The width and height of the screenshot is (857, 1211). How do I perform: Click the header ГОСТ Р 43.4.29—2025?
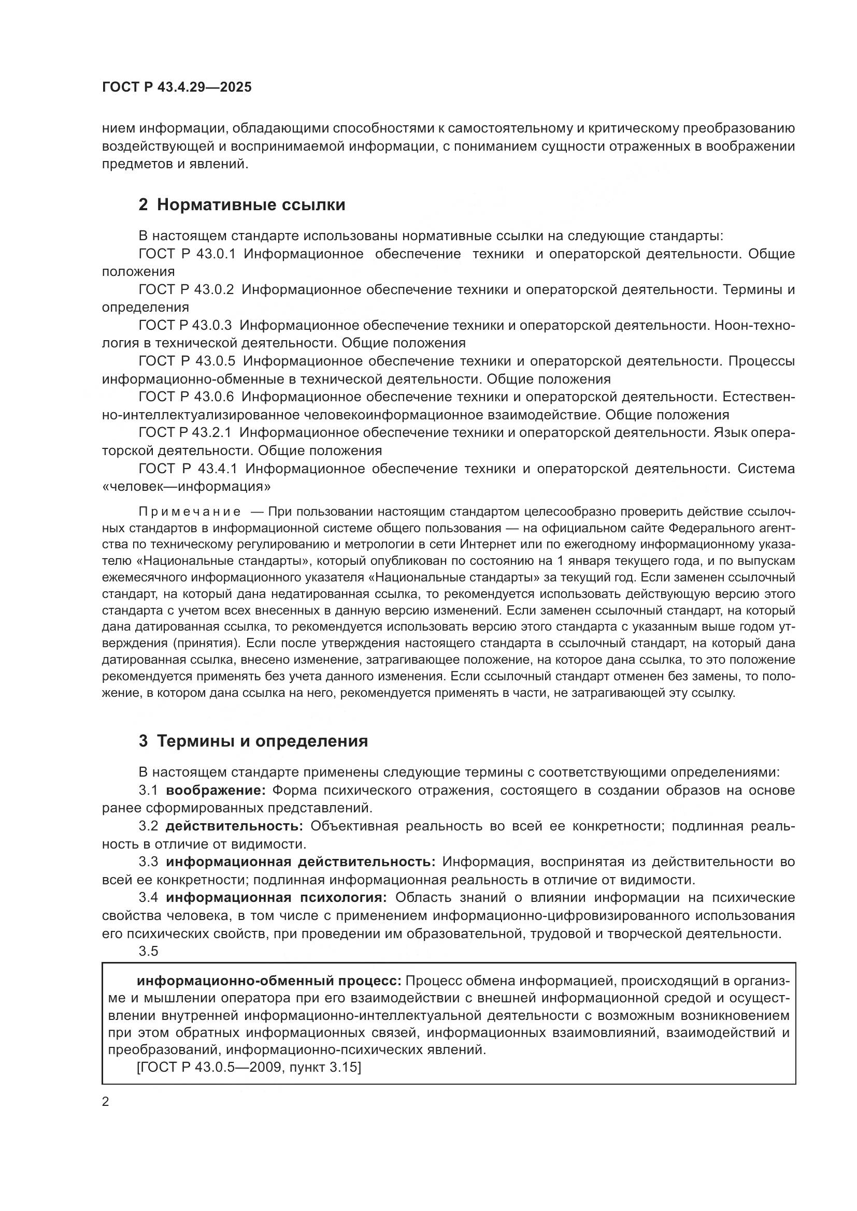177,87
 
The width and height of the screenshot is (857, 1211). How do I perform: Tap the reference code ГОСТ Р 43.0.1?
187,254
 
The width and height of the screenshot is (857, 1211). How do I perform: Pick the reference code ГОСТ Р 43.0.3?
185,326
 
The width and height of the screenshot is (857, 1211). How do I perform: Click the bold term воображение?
216,791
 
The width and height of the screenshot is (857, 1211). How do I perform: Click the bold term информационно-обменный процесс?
269,981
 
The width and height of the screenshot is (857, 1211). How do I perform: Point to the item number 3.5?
148,951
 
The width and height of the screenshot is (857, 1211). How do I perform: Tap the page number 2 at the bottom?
106,1102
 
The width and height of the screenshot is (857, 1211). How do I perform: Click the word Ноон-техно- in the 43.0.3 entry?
754,326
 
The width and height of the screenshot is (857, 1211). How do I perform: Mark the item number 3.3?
148,862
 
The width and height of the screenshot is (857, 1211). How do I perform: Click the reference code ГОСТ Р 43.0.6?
187,397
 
